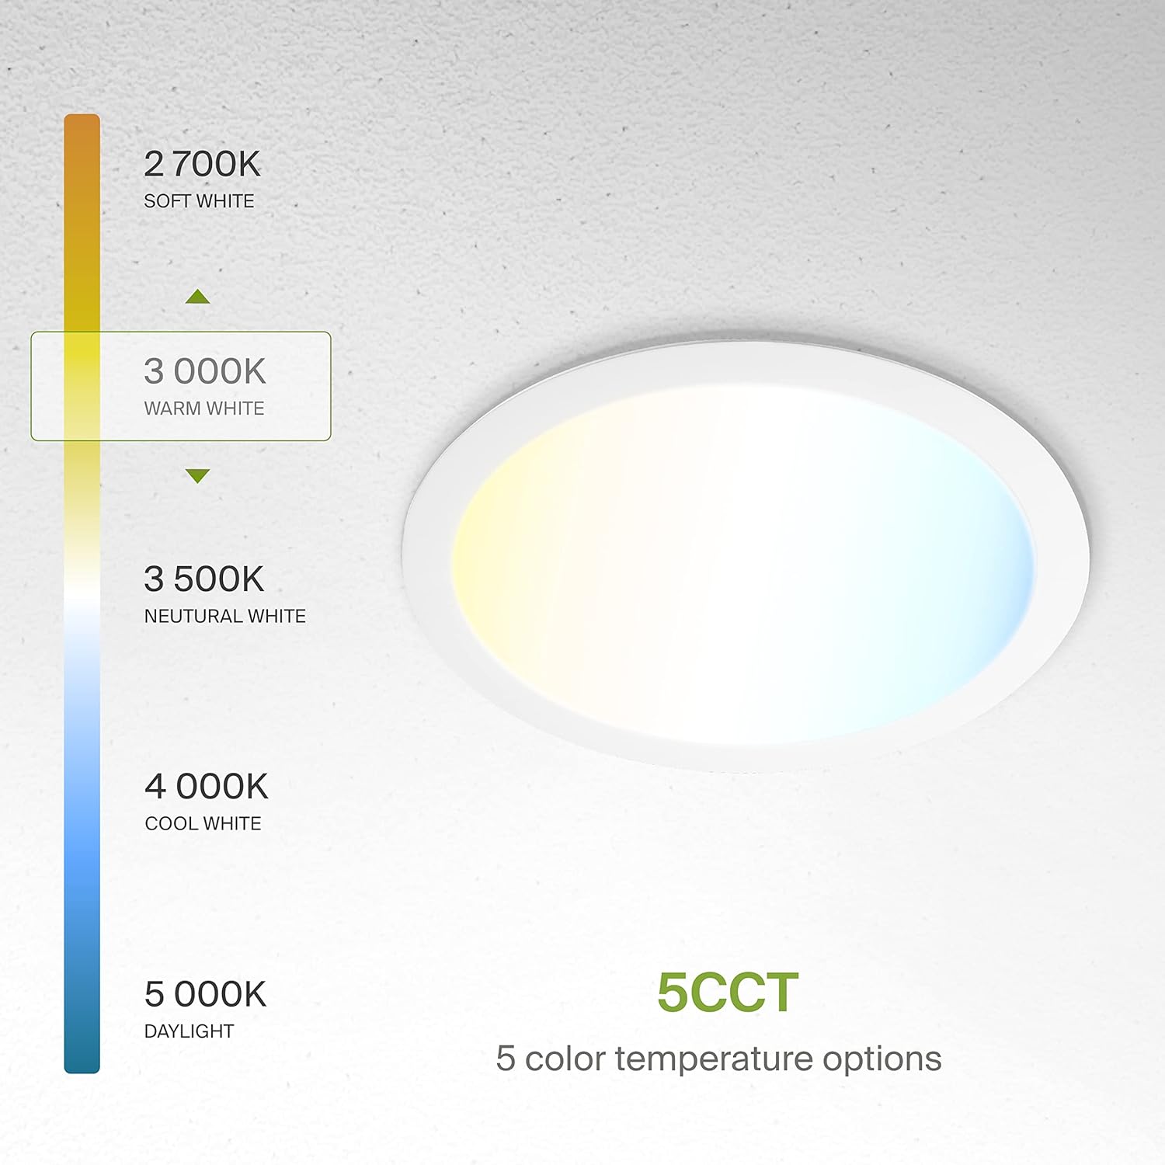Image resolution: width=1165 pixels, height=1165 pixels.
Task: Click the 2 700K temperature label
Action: [x=203, y=164]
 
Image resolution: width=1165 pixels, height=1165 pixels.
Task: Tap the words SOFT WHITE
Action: [x=199, y=201]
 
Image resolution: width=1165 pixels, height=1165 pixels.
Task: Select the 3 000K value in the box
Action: [x=205, y=371]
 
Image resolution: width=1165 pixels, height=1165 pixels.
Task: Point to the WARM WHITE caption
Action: [x=204, y=409]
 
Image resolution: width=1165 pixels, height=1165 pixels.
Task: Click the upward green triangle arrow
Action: [x=198, y=297]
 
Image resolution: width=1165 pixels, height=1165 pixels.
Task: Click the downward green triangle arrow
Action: [x=198, y=475]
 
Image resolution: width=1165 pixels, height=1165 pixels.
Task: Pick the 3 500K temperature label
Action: [x=204, y=579]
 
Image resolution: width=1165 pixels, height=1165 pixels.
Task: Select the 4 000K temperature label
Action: [x=207, y=786]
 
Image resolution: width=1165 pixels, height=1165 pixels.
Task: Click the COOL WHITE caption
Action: [x=203, y=823]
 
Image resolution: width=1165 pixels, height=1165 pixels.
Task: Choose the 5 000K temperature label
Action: [x=206, y=994]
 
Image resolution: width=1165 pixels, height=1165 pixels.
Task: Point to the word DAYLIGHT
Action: [x=190, y=1031]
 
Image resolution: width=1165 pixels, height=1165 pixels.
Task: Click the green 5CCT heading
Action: [x=728, y=993]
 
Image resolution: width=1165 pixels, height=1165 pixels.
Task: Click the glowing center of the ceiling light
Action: [x=743, y=563]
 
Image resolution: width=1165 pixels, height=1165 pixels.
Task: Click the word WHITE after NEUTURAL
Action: [x=276, y=616]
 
